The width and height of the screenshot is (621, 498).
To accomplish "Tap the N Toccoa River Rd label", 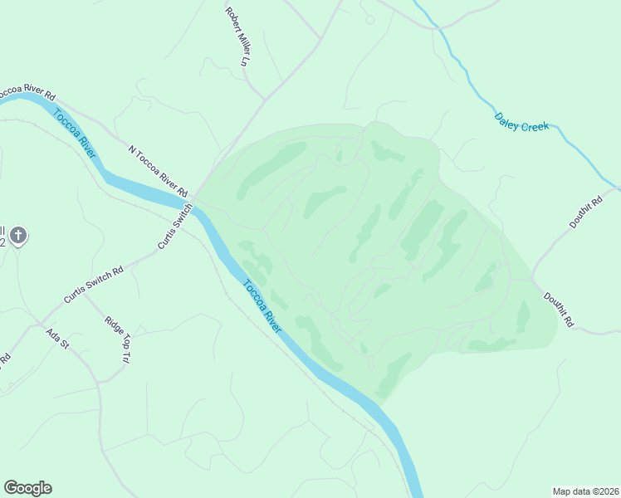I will coord(158,168).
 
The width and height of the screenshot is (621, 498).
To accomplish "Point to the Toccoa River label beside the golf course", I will coord(262,306).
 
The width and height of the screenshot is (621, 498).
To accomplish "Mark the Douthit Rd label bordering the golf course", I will coord(560,308).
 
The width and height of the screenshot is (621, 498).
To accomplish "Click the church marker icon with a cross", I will coord(19,236).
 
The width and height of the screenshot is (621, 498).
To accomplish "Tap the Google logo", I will coord(27,488).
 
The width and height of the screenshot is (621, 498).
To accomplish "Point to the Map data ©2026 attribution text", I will coord(584,491).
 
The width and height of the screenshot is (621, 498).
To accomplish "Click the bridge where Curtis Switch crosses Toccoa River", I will coord(192,207).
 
